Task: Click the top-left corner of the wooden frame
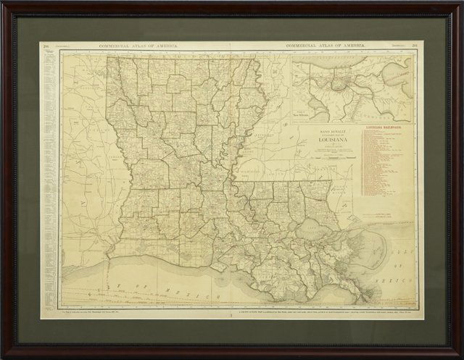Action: (x=4, y=4)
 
